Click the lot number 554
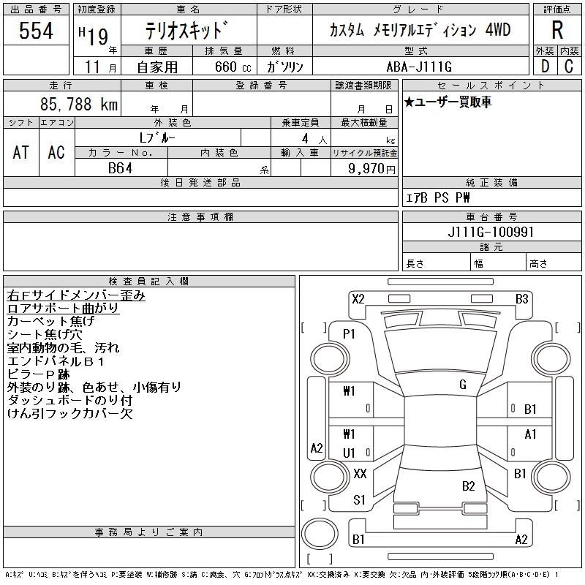click(36, 31)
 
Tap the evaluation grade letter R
click(557, 30)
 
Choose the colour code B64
click(121, 168)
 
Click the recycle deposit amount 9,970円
click(373, 169)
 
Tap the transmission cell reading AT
click(21, 152)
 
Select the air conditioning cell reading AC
click(56, 152)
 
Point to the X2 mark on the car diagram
click(358, 298)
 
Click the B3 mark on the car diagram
click(521, 298)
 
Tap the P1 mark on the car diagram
click(349, 333)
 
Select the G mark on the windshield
click(463, 384)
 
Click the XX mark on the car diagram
click(359, 474)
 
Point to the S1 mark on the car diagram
click(359, 500)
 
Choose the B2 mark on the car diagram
click(469, 486)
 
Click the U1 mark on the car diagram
click(349, 453)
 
